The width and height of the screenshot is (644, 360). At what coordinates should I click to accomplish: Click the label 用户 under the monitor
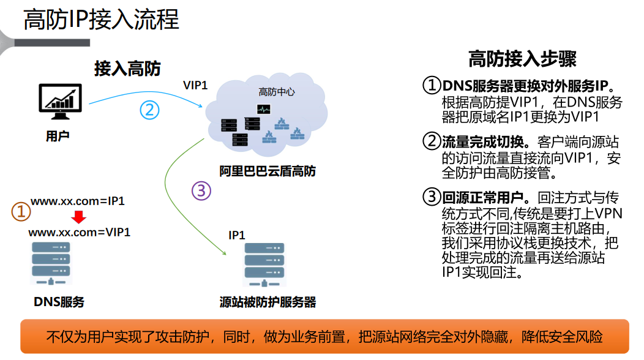[58, 135]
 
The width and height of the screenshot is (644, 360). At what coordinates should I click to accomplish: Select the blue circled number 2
[149, 110]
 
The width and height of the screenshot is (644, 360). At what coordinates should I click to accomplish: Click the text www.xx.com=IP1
[78, 201]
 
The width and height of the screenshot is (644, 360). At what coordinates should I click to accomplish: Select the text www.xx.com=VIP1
[80, 233]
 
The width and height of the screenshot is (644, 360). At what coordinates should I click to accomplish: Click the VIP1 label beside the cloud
[196, 85]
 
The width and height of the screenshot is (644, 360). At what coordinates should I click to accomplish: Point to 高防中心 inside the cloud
[276, 92]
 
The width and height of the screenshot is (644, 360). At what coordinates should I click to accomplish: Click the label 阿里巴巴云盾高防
[268, 171]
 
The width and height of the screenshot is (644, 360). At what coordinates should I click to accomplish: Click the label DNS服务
[59, 301]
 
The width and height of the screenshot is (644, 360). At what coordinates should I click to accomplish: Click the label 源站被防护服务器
[268, 302]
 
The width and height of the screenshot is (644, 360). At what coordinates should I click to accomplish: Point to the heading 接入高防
[127, 68]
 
